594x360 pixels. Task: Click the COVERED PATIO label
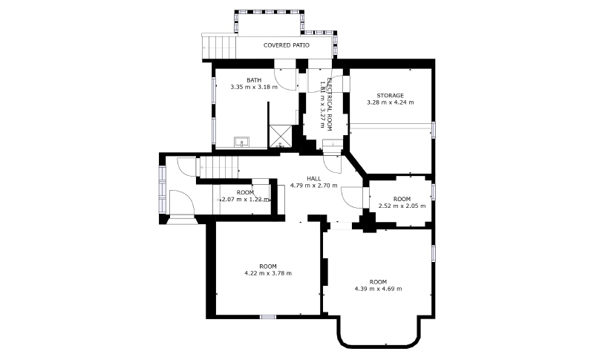click(x=287, y=45)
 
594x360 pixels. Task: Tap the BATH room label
click(x=254, y=80)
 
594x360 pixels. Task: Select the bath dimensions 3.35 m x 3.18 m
click(x=254, y=87)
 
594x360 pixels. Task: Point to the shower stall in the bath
click(x=281, y=137)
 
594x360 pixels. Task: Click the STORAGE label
click(x=390, y=96)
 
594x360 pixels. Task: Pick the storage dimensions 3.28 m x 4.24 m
click(x=391, y=102)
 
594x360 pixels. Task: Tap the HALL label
click(x=313, y=179)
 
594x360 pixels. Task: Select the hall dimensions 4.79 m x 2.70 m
click(x=313, y=186)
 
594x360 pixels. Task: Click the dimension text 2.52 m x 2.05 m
click(x=402, y=206)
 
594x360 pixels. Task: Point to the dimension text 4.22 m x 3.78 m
click(x=268, y=273)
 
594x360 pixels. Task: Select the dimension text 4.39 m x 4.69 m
click(x=378, y=289)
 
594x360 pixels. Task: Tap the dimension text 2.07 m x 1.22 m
click(x=245, y=200)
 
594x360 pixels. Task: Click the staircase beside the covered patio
click(x=219, y=48)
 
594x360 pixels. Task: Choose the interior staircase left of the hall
click(x=219, y=167)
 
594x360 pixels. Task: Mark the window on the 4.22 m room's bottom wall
click(x=268, y=317)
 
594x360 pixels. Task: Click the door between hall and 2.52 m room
click(x=352, y=197)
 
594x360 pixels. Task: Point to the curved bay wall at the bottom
click(x=379, y=345)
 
